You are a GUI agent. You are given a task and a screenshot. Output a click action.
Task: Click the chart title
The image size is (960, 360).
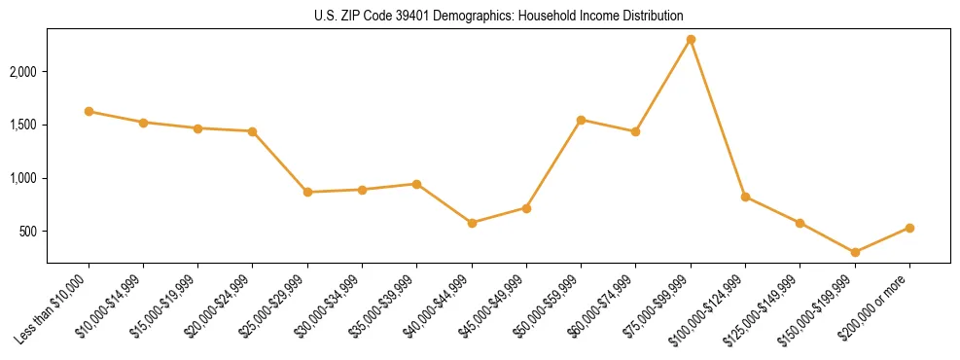tap(499, 16)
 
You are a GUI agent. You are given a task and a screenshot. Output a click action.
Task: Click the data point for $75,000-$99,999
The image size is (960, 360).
tap(691, 40)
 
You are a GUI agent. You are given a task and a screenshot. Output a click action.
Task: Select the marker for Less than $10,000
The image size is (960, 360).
tap(89, 112)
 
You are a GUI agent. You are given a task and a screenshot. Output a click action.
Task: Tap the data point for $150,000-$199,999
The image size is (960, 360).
tap(855, 253)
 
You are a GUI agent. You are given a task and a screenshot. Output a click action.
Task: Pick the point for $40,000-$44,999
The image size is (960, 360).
tap(472, 223)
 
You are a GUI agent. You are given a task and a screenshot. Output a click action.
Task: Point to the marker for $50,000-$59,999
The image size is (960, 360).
tap(581, 120)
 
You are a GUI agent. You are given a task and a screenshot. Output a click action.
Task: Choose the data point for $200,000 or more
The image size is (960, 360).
tap(909, 228)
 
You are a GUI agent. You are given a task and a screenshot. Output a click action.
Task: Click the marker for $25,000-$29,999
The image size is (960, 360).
tap(307, 192)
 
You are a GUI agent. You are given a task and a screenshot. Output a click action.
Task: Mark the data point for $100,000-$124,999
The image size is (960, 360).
tap(745, 197)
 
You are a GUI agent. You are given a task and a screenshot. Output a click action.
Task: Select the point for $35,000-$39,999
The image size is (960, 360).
tap(416, 184)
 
